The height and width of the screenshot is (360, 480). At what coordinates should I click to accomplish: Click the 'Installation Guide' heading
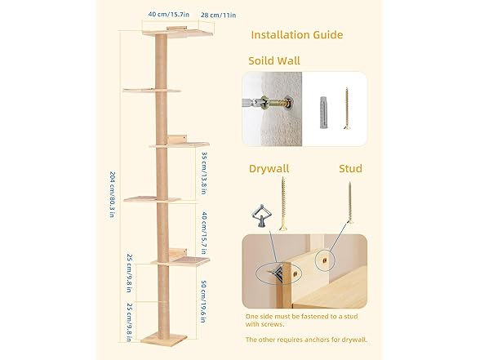[296, 35]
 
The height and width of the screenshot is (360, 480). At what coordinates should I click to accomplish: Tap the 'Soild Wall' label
[274, 60]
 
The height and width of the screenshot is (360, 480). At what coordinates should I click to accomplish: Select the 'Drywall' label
[269, 169]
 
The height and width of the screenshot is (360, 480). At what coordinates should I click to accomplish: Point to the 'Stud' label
[350, 168]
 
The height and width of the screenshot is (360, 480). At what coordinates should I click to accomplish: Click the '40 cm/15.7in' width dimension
[169, 15]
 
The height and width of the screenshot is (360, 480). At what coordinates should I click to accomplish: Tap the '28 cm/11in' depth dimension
[218, 15]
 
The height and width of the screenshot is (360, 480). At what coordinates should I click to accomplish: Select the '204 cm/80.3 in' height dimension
[113, 194]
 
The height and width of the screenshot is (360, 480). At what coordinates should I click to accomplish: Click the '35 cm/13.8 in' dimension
[204, 173]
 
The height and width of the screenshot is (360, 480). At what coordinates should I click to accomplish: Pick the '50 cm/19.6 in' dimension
[203, 301]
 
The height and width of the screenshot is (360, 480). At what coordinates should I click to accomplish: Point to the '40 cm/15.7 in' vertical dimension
[204, 233]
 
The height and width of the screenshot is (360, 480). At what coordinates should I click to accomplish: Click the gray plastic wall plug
[324, 113]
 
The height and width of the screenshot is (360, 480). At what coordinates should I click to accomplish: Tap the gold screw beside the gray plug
[346, 109]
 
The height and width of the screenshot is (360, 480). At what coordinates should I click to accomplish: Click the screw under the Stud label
[350, 202]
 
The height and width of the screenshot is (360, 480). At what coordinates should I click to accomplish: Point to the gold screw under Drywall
[283, 203]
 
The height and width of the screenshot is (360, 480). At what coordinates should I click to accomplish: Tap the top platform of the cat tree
[177, 32]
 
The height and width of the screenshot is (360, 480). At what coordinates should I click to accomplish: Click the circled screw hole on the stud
[325, 260]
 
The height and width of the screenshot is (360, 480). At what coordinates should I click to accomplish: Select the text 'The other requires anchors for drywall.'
[306, 340]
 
